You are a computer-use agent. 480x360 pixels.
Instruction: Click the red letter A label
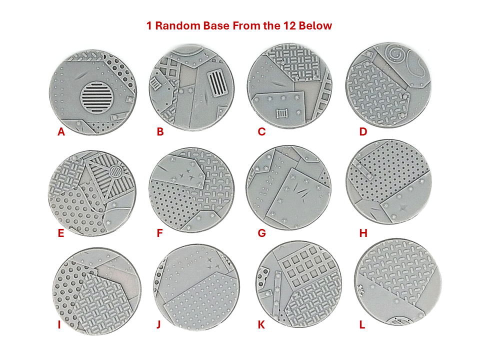[61, 132]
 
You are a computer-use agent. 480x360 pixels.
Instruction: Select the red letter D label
[363, 132]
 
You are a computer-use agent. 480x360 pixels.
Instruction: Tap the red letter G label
[261, 233]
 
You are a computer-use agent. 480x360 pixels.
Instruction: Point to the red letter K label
[261, 325]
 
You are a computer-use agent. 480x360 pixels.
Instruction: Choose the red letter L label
[362, 325]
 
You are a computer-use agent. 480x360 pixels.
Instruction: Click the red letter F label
[160, 233]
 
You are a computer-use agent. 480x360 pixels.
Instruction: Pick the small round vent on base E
[115, 172]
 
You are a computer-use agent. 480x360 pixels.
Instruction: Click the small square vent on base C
[282, 113]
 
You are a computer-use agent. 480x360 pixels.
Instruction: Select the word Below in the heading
[315, 26]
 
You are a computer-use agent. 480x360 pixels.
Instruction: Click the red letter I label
[59, 325]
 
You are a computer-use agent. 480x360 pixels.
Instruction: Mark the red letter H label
[363, 233]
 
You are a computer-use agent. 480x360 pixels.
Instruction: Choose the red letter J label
[158, 325]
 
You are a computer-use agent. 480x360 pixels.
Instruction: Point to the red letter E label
[61, 233]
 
